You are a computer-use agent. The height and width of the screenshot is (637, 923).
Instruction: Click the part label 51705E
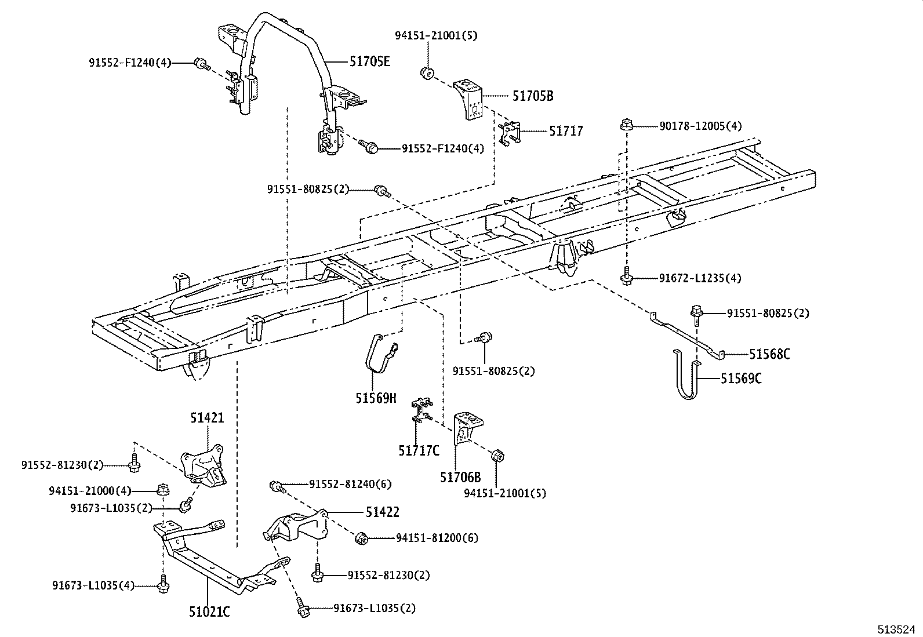pos(369,61)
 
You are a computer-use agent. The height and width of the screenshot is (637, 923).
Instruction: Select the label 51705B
pos(532,96)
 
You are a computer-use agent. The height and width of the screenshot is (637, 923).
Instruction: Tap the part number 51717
pos(566,131)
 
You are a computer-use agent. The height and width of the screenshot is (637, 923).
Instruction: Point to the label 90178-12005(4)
pos(700,126)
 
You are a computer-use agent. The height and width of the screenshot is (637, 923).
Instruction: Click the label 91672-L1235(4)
pos(700,278)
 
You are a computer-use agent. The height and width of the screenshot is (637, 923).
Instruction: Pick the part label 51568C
pos(769,354)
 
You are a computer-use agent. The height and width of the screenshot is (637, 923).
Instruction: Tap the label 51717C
pos(419,450)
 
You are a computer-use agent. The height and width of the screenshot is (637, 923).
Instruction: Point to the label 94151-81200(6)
pos(437,538)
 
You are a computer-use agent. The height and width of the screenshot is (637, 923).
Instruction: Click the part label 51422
pos(382,512)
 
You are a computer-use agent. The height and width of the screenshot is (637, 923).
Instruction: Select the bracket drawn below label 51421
pos(203,464)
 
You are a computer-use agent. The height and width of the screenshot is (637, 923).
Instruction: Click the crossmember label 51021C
pos(209,611)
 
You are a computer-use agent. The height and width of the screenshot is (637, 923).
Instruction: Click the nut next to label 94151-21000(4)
pos(163,490)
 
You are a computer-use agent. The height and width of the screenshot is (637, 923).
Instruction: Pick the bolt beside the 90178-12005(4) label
pos(626,125)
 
